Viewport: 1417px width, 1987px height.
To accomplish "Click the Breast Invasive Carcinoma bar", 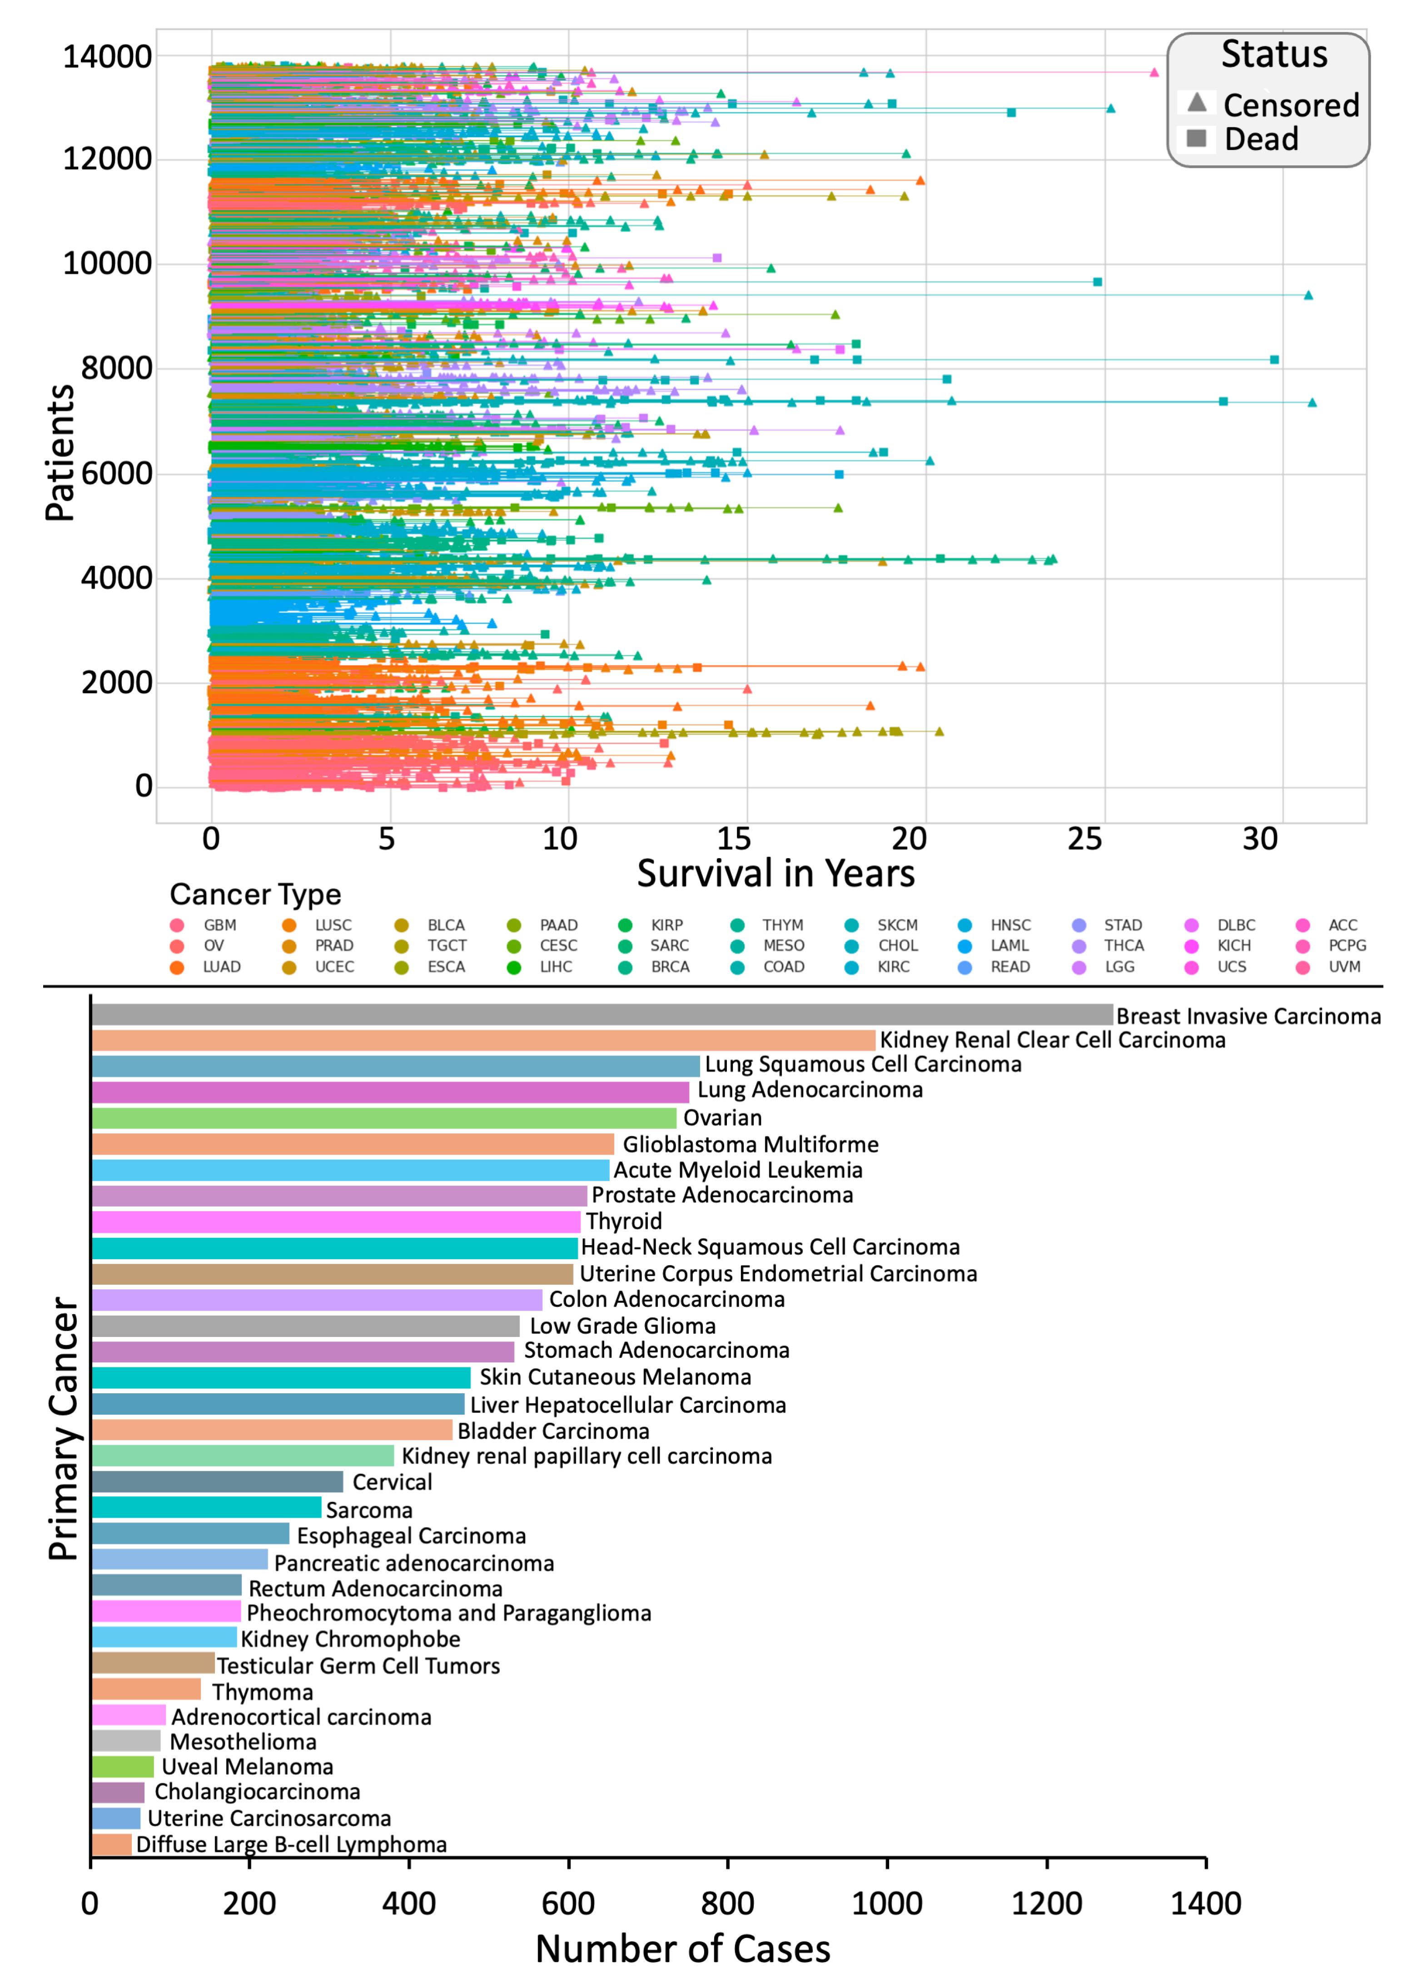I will (602, 1014).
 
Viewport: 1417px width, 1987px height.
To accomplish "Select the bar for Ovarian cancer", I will (384, 1118).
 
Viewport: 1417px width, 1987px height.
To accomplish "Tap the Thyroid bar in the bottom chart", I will (336, 1221).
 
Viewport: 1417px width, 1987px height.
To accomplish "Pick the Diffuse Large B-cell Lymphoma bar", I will (112, 1844).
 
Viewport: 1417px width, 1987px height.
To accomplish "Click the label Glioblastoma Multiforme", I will (751, 1144).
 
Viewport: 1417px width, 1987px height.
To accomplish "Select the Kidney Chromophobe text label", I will (351, 1639).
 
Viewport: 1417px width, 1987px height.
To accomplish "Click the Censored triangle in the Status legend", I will (1197, 103).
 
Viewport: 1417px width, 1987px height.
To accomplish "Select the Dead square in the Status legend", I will (1197, 138).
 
